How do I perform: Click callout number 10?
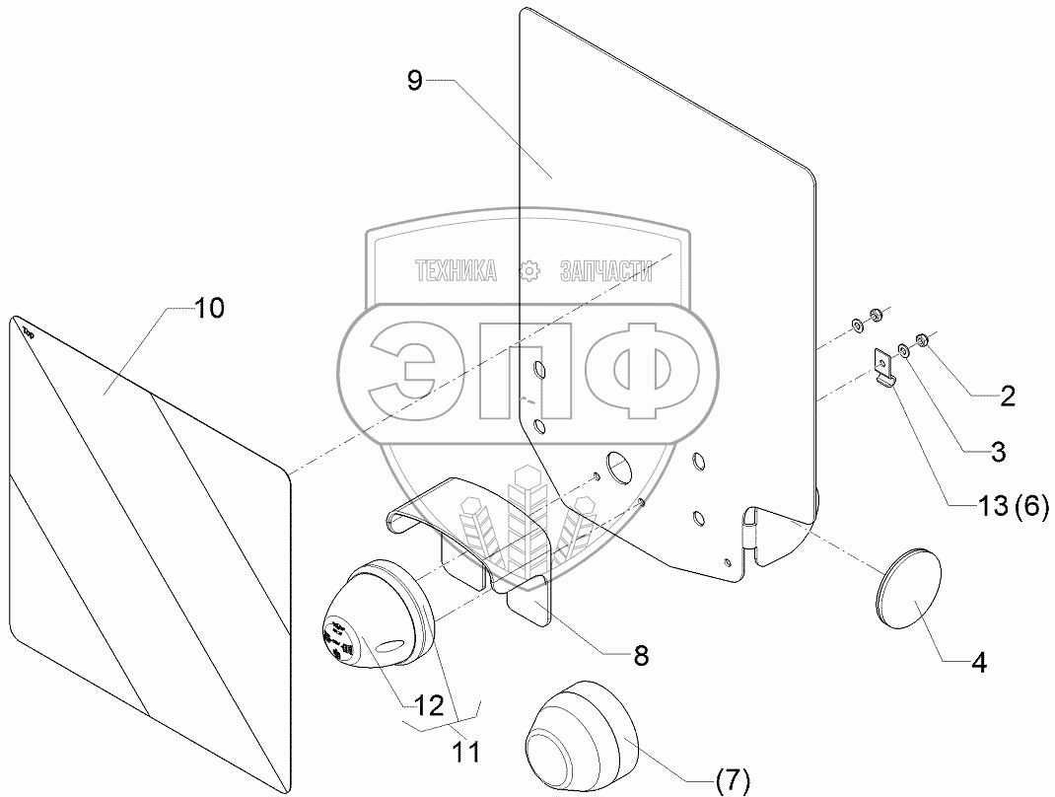209,309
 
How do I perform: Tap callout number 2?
1006,398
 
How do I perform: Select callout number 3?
998,453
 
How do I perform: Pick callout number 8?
641,656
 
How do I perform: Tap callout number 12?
428,706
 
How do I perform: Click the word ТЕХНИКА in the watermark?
456,271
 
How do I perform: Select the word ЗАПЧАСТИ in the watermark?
605,271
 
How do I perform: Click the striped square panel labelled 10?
148,513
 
